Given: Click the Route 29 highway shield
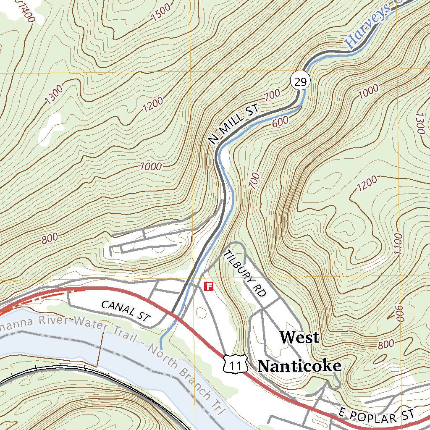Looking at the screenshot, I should pos(300,81).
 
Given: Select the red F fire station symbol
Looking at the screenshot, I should pos(209,287).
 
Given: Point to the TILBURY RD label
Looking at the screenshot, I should pos(245,273).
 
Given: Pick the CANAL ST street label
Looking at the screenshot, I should pos(126,311).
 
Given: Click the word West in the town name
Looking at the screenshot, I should pos(299,337).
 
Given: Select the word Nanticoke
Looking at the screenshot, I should pos(299,366).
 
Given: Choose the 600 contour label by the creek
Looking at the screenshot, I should pos(280,122).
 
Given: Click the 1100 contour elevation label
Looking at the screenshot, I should pos(398,244).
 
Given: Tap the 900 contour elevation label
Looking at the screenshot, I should pos(399,313).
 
